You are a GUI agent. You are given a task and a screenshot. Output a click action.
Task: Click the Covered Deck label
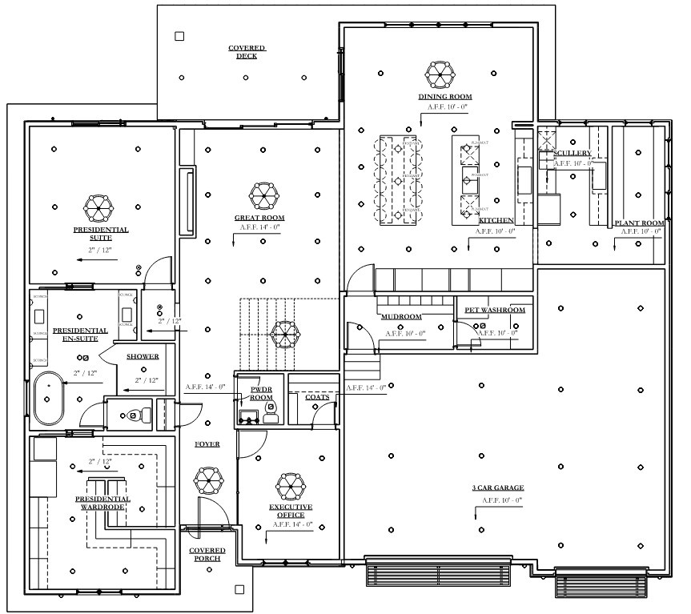click(x=247, y=52)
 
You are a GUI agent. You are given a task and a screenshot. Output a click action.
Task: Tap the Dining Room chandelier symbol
click(x=440, y=74)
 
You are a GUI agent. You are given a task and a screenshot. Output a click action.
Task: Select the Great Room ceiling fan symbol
click(x=263, y=195)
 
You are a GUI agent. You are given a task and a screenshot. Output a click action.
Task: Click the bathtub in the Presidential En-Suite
click(x=50, y=397)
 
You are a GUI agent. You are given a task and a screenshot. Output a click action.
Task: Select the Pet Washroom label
click(x=495, y=310)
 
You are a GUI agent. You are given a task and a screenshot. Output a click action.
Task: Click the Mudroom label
click(x=401, y=316)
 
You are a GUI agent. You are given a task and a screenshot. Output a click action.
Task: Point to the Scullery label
click(x=572, y=153)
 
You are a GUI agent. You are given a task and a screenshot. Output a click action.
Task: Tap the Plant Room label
click(x=639, y=223)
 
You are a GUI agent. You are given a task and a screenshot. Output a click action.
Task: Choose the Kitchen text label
click(x=496, y=220)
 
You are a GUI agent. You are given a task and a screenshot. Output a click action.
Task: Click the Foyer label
click(x=207, y=444)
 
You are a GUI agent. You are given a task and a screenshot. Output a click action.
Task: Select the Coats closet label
click(x=316, y=396)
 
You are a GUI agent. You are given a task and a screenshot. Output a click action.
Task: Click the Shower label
click(x=142, y=356)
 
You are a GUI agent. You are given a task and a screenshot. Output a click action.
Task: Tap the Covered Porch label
click(x=207, y=554)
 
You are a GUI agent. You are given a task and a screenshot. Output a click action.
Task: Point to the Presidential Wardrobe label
click(x=102, y=503)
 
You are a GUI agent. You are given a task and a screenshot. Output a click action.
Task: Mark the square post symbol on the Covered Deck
click(x=179, y=36)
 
